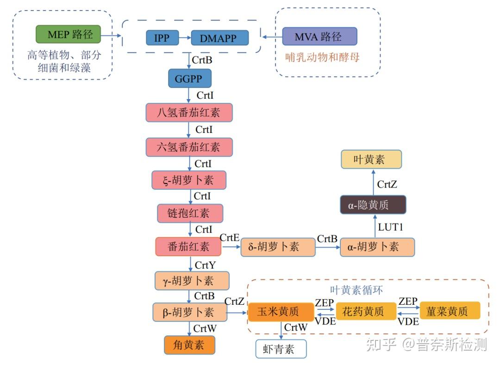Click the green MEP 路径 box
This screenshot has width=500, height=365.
pyautogui.click(x=68, y=34)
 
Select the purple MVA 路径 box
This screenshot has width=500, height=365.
pyautogui.click(x=319, y=37)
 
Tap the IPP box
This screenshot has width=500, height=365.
pyautogui.click(x=162, y=38)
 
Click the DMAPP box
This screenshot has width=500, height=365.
pyautogui.click(x=219, y=38)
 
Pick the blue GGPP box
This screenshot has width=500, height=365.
pyautogui.click(x=190, y=78)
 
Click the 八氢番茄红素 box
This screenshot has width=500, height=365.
pyautogui.click(x=189, y=112)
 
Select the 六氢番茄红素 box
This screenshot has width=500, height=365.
pyautogui.click(x=189, y=147)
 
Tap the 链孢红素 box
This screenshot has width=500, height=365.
pyautogui.click(x=190, y=213)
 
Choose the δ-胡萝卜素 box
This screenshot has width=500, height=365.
pyautogui.click(x=278, y=247)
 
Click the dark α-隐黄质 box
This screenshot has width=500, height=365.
pyautogui.click(x=373, y=205)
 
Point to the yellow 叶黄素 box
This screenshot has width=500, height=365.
pyautogui.click(x=371, y=159)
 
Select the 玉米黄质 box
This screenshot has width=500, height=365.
pyautogui.click(x=281, y=312)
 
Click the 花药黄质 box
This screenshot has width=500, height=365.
pyautogui.click(x=366, y=311)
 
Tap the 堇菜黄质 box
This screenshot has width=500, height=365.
pyautogui.click(x=450, y=310)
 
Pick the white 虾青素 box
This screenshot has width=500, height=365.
pyautogui.click(x=281, y=349)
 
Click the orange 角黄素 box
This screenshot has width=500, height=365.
pyautogui.click(x=189, y=345)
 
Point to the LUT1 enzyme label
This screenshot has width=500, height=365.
pyautogui.click(x=391, y=227)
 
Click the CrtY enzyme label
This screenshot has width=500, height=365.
pyautogui.click(x=205, y=265)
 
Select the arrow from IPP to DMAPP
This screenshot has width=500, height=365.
pyautogui.click(x=185, y=38)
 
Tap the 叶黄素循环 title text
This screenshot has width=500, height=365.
pyautogui.click(x=356, y=290)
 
